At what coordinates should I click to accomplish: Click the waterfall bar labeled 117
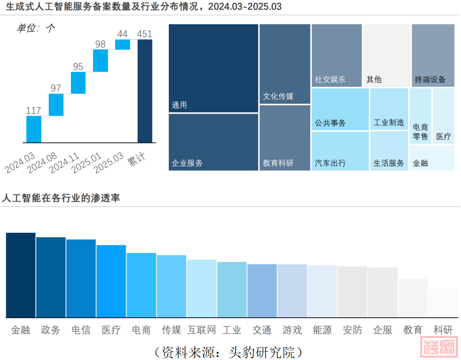click(34, 129)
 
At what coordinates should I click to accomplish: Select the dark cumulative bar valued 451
click(145, 91)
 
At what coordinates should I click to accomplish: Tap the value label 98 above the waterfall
click(100, 44)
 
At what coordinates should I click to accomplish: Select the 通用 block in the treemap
click(213, 68)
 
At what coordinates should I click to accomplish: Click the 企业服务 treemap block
click(213, 142)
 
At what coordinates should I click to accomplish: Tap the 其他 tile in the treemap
click(387, 55)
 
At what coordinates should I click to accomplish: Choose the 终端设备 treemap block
click(433, 55)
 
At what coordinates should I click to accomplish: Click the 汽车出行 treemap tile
click(340, 151)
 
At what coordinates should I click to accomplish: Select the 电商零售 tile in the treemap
click(420, 116)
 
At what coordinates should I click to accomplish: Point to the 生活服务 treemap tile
click(389, 151)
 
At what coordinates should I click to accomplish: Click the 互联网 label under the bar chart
click(201, 330)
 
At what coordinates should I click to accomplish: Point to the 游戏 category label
click(292, 330)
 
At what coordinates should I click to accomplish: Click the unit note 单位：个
click(36, 28)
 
